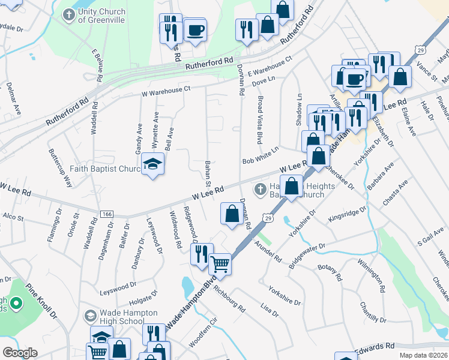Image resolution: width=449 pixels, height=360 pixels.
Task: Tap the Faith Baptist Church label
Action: point(104,169)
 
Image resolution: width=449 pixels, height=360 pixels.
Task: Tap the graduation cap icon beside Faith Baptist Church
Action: point(153,164)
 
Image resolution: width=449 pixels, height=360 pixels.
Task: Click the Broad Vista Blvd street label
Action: point(260,119)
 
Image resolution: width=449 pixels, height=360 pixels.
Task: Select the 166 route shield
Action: point(107,214)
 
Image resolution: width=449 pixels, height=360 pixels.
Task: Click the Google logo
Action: point(20,353)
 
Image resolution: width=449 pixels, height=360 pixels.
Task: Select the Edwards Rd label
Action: point(374,347)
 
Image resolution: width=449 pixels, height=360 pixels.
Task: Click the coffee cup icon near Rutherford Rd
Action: point(194,29)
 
